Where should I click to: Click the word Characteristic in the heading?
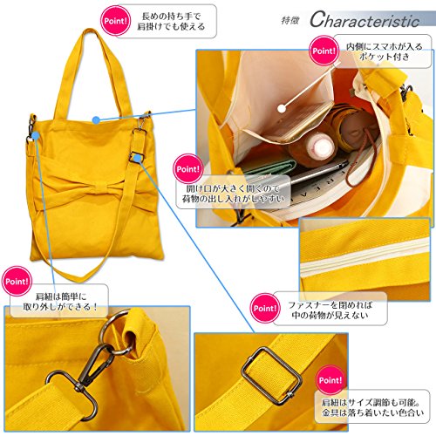tap(364, 20)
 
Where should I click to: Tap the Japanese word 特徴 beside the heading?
tap(290, 20)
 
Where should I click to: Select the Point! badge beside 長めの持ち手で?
tap(115, 21)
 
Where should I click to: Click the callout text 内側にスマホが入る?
tap(384, 46)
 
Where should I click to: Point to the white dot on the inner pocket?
tap(282, 108)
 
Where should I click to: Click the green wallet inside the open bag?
tap(269, 168)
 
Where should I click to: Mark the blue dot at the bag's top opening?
tap(96, 119)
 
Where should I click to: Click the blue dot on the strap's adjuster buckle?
tap(138, 159)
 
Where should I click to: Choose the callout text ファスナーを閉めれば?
tap(330, 304)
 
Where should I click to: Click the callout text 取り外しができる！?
tap(60, 307)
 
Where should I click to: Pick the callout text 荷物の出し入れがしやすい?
tap(233, 199)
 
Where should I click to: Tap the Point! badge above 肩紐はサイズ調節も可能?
tap(330, 380)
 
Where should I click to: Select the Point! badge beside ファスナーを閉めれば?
tap(265, 308)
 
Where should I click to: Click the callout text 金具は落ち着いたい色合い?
tap(372, 412)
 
